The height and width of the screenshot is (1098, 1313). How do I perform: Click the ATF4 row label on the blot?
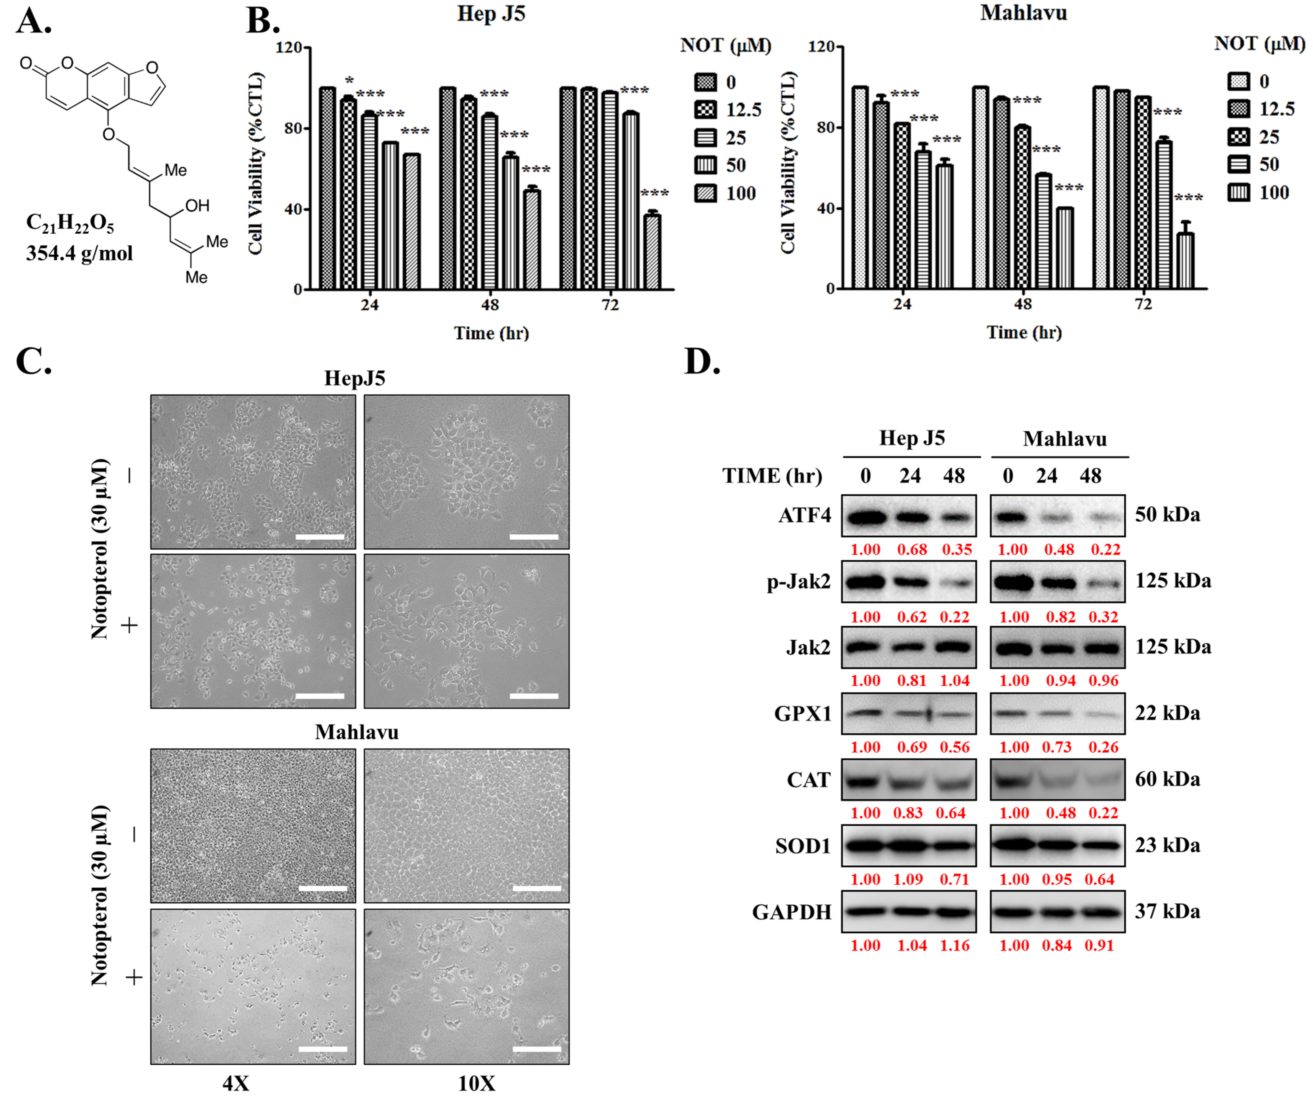[805, 515]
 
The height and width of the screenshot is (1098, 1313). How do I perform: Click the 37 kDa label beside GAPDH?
[1167, 912]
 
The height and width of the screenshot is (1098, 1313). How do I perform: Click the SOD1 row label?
[803, 846]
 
